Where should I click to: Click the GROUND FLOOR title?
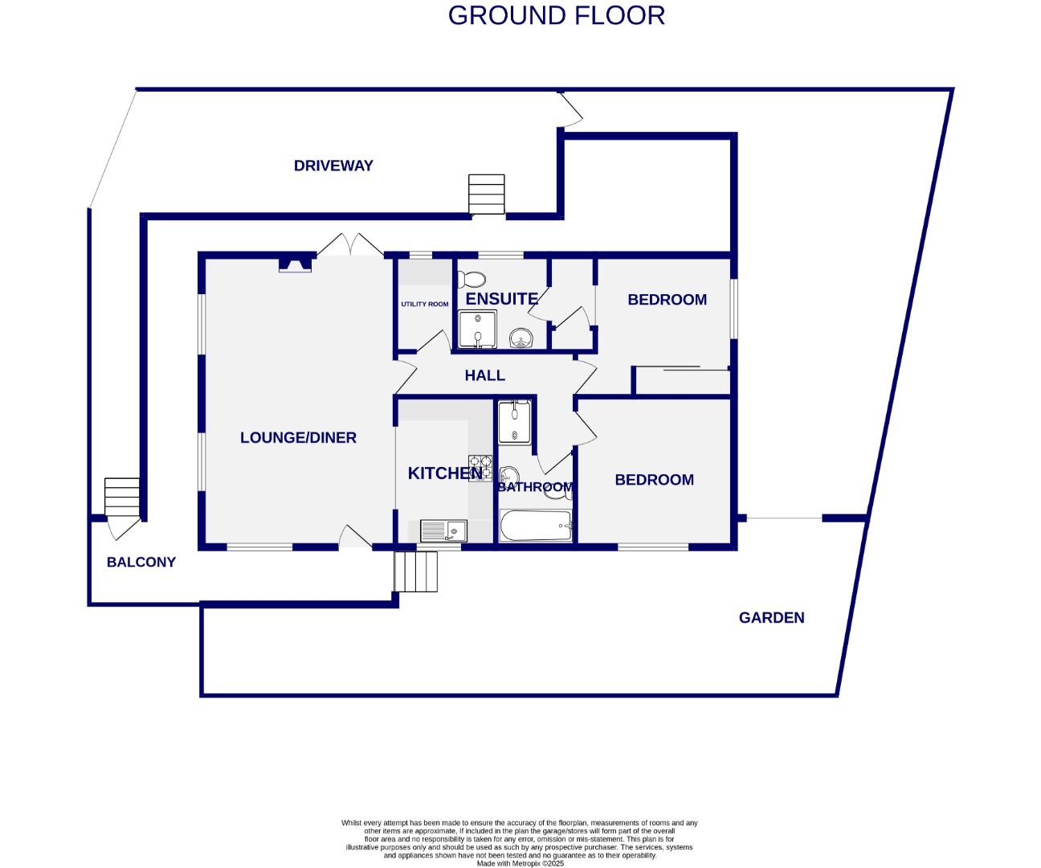pos(556,15)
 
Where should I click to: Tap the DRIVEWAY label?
pos(333,166)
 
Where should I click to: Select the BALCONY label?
pos(141,563)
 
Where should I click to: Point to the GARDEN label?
pos(771,617)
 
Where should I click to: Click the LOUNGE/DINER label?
pos(298,437)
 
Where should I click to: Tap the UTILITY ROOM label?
pos(425,304)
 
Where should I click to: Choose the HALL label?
pos(484,375)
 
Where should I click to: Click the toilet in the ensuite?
pos(472,279)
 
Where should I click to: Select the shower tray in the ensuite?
pos(477,329)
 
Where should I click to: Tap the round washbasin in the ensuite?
pos(521,338)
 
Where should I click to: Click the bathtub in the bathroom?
pos(536,525)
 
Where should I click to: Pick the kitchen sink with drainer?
pos(443,530)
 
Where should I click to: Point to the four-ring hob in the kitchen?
pos(480,468)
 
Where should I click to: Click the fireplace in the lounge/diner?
pos(295,264)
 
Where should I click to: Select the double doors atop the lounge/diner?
pos(350,245)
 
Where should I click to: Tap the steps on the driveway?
pos(487,194)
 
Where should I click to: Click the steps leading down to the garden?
pos(416,571)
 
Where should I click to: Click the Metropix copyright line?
pos(520,863)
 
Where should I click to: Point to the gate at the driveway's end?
pos(570,108)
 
